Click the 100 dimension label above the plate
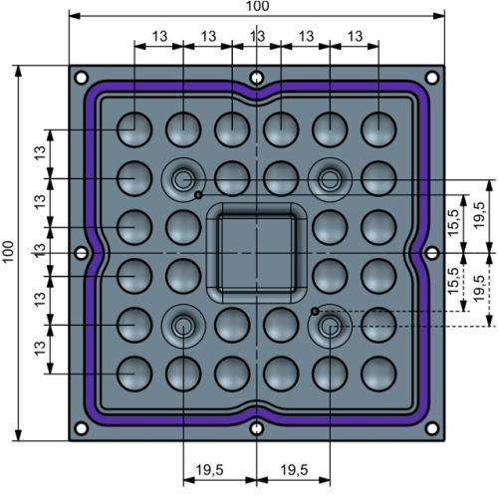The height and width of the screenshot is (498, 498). [x=257, y=7]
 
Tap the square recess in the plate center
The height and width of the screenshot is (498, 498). [x=256, y=253]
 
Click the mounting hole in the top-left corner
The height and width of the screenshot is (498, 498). [x=81, y=78]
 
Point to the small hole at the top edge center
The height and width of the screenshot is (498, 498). [x=257, y=77]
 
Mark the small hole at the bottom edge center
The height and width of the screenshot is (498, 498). [x=257, y=429]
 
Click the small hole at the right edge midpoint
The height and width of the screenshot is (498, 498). [x=431, y=253]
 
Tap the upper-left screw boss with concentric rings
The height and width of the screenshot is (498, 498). [x=183, y=179]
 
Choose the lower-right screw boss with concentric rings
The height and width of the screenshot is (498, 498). [x=330, y=326]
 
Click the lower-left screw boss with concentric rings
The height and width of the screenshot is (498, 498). [x=183, y=326]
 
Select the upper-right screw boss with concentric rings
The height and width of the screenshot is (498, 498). [x=330, y=179]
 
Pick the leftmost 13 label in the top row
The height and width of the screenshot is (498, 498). [x=158, y=35]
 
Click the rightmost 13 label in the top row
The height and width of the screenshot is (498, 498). [x=355, y=35]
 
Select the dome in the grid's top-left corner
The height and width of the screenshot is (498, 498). [x=134, y=128]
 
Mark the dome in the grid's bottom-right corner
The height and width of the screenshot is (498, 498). [x=378, y=373]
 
